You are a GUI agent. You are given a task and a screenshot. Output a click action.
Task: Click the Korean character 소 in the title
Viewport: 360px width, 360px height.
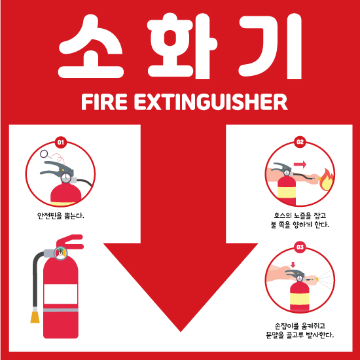(x=91, y=46)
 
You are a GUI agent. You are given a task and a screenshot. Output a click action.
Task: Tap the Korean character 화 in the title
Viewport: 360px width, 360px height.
(x=182, y=45)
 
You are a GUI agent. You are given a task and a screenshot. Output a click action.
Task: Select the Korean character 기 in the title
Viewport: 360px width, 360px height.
(x=270, y=45)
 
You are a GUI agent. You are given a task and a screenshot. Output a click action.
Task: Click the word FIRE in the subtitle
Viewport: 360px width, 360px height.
(x=104, y=101)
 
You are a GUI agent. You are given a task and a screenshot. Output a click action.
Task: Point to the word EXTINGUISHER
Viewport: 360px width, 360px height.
(x=211, y=101)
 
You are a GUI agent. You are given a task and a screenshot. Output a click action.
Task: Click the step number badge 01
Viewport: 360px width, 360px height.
(x=61, y=142)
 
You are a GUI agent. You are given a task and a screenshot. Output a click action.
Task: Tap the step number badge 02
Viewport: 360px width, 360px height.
(x=300, y=142)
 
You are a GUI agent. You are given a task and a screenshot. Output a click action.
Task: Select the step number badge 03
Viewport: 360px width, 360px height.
(x=300, y=247)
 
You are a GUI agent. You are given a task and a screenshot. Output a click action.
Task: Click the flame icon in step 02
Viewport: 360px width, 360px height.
(x=326, y=180)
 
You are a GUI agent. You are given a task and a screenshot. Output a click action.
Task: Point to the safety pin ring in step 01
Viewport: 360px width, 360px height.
(x=44, y=154)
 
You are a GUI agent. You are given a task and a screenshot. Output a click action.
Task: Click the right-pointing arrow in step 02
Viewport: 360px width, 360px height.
(x=300, y=164)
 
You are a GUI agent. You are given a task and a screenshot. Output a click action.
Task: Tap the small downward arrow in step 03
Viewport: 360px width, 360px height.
(x=293, y=264)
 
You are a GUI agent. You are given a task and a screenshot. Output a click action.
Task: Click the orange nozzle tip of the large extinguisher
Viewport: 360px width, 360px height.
(x=35, y=317)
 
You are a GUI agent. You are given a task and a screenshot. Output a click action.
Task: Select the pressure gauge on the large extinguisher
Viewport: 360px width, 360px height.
(x=61, y=253)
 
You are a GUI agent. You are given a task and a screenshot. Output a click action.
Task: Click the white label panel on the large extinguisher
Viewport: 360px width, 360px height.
(x=61, y=294)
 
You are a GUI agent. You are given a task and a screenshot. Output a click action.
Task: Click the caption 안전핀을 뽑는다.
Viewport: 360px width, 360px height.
(x=61, y=215)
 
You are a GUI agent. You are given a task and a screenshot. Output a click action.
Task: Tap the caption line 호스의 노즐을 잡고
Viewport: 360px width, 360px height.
(x=300, y=215)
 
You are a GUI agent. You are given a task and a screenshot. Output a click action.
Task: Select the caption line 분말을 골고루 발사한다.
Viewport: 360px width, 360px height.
(x=300, y=334)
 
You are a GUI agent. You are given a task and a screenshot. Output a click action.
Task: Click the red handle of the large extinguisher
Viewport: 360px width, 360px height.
(x=70, y=242)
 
